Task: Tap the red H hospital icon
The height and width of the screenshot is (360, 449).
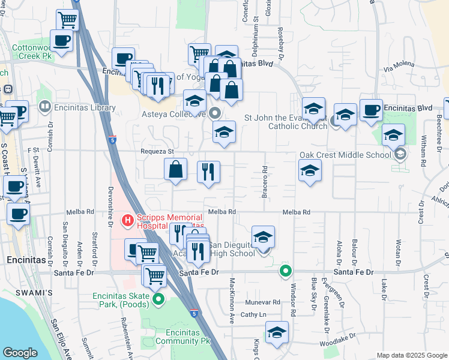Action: (x=127, y=221)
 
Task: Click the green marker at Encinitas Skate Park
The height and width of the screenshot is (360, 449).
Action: (x=158, y=299)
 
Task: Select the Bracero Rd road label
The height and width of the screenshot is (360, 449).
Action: (x=264, y=182)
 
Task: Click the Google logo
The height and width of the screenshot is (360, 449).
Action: (x=20, y=353)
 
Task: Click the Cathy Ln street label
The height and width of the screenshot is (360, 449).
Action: (x=253, y=314)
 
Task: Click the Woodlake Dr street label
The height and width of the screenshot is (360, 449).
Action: (x=339, y=345)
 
